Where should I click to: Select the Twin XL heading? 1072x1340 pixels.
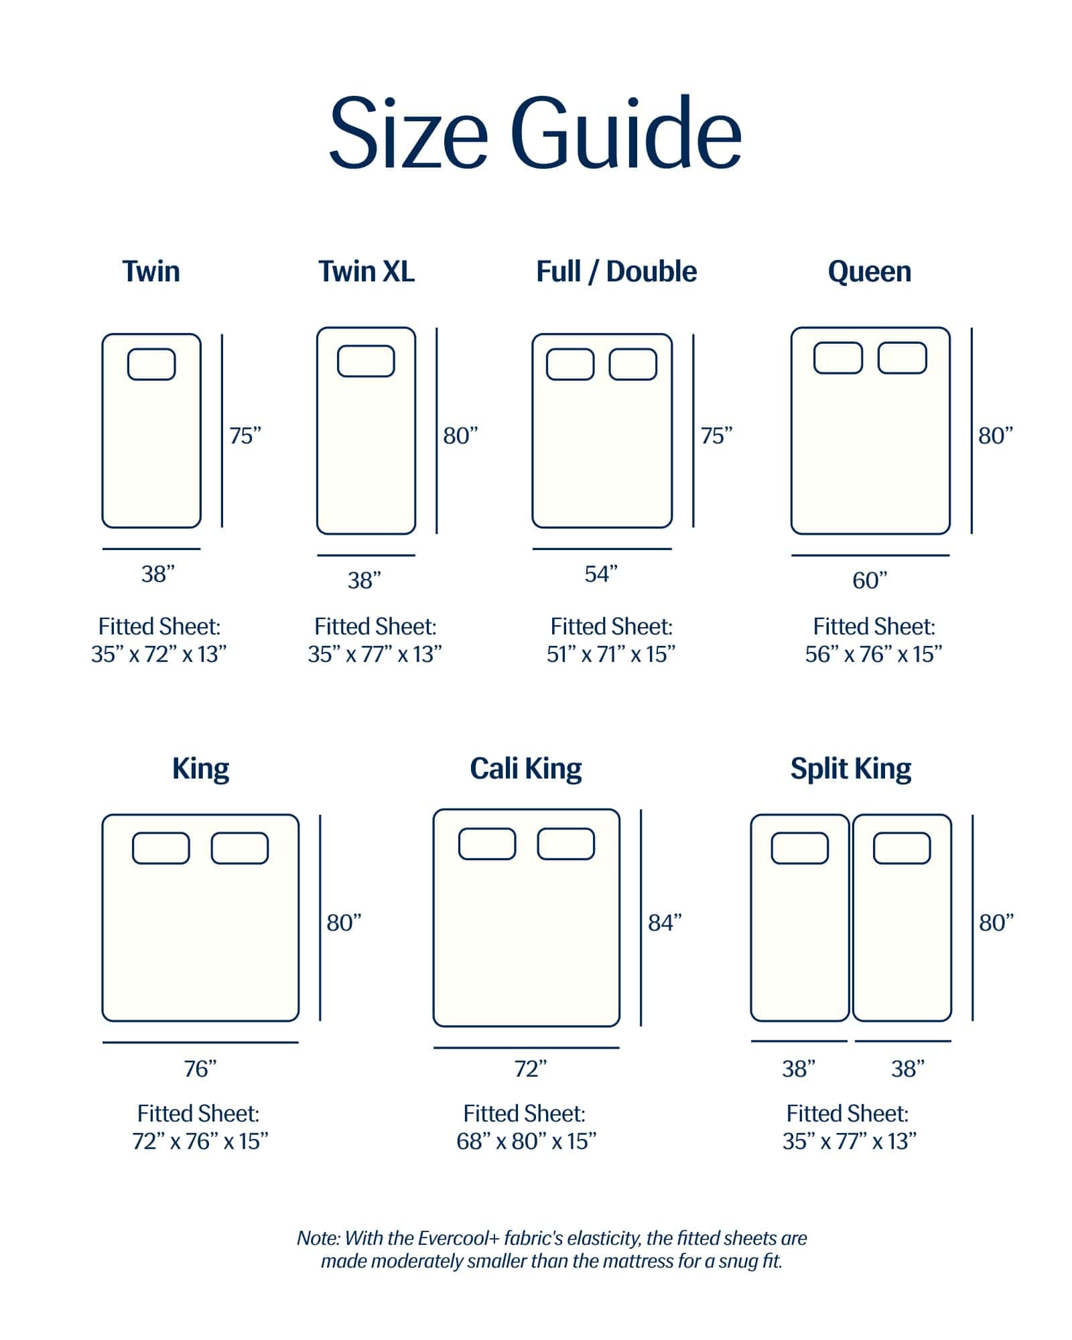coord(366,271)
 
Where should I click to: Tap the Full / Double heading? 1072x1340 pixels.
coord(616,271)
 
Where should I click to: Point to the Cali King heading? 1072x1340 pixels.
coord(526,768)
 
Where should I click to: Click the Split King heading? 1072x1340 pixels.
coord(851,768)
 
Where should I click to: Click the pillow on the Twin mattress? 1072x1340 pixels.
coord(151,364)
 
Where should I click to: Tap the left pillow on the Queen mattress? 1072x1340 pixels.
coord(838,358)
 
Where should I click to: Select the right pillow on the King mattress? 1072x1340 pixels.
coord(240,848)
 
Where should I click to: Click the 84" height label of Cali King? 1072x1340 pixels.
coord(665,923)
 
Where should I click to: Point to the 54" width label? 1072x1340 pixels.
coord(601,574)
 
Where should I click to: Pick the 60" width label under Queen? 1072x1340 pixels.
coord(870,580)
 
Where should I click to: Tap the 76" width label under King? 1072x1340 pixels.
coord(200,1068)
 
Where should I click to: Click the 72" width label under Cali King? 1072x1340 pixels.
coord(531,1068)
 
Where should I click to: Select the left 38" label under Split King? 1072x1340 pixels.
coord(799,1068)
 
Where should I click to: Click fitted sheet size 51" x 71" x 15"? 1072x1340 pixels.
coord(611,654)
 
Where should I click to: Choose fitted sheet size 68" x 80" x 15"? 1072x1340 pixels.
coord(527,1141)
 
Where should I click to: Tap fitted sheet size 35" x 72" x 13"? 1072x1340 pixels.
coord(159,654)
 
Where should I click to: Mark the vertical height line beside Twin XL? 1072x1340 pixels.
coord(437,431)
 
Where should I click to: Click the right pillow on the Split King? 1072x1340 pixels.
coord(902,848)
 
